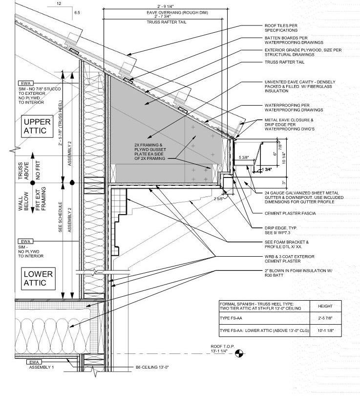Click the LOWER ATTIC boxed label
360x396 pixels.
click(x=38, y=278)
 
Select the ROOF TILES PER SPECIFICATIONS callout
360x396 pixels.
click(x=281, y=27)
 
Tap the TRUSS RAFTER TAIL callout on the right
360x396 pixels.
click(x=285, y=63)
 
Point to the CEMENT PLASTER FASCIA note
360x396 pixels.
click(x=290, y=213)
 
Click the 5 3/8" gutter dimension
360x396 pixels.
click(x=244, y=157)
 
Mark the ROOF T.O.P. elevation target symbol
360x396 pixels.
click(x=239, y=352)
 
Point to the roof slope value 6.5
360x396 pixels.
click(x=77, y=11)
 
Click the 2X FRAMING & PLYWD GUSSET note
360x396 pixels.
click(x=152, y=151)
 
